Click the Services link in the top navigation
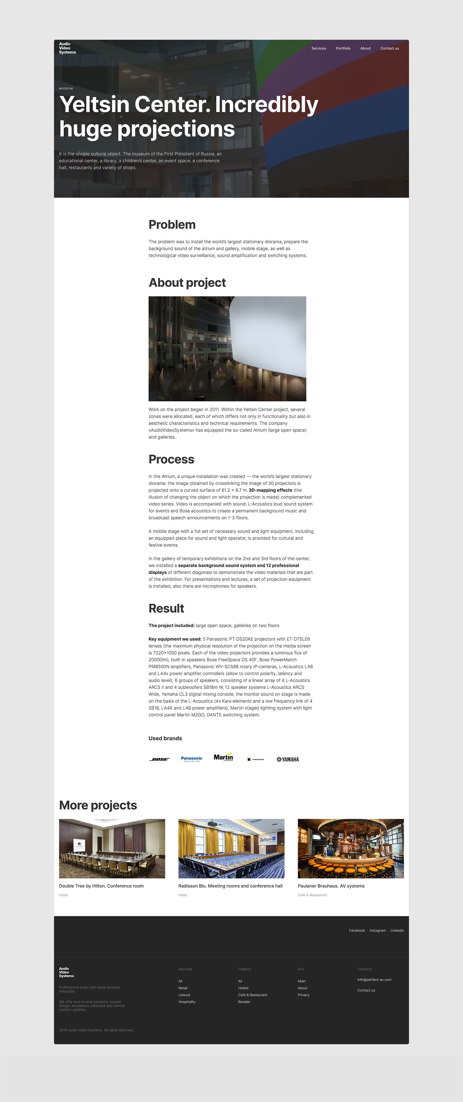coord(319,48)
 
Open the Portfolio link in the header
coord(343,48)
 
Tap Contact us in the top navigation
coord(389,48)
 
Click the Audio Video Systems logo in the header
coord(67,48)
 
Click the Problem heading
coord(172,224)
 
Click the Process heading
coord(171,459)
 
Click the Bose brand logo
coord(159,759)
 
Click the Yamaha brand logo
coord(288,759)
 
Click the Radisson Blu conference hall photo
coord(231,848)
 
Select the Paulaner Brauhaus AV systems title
coord(331,886)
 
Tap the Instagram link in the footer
coord(377,930)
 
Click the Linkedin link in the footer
coord(397,930)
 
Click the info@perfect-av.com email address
coord(374,980)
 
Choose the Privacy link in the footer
coord(304,995)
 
